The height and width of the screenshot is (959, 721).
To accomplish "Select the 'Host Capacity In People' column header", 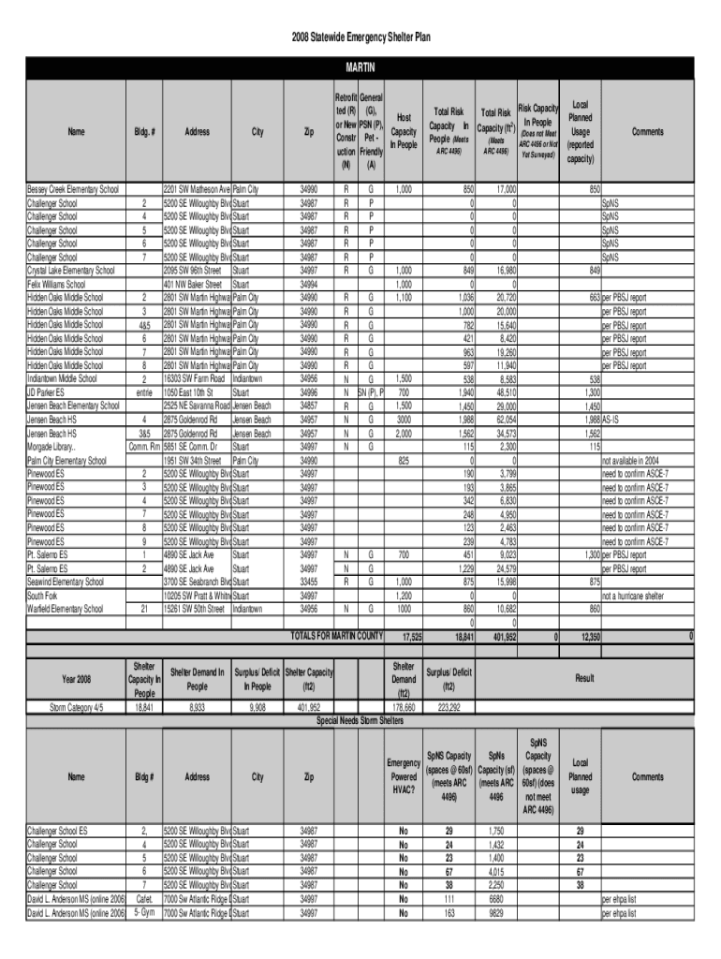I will (x=404, y=132).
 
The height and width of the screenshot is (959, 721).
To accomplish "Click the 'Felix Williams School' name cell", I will (x=56, y=284).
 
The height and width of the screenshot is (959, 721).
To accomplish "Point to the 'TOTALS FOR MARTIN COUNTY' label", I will (x=336, y=637).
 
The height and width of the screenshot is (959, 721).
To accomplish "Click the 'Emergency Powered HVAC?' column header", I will (x=404, y=776).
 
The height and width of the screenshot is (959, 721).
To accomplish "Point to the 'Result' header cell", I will (x=585, y=676).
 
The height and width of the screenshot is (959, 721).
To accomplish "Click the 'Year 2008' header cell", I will (x=76, y=677).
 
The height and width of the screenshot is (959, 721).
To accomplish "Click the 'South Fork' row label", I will (x=41, y=595).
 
